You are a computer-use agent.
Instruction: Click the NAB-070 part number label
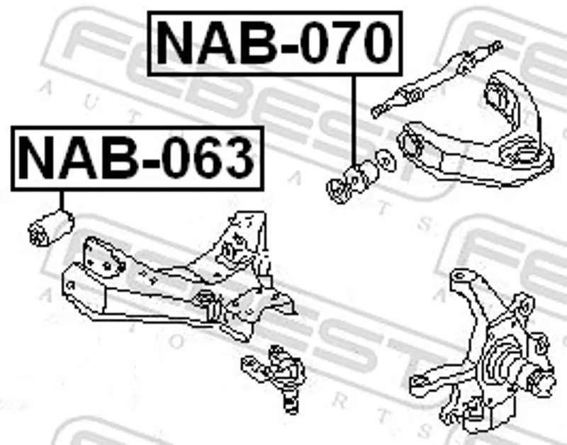coord(275,43)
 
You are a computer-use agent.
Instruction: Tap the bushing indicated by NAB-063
coord(51,228)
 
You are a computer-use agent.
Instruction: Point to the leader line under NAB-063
coord(62,201)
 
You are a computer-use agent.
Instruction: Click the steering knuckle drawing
coord(483,351)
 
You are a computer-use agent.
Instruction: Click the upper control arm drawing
coord(476,130)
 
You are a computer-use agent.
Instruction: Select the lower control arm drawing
coord(179,278)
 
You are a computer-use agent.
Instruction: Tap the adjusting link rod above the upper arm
coord(437,79)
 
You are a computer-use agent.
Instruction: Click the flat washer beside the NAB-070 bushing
coord(386,162)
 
